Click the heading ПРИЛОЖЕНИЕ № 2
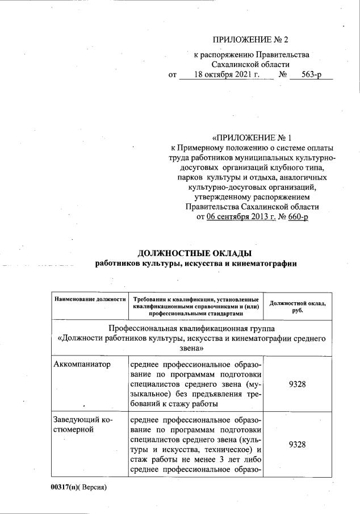(250, 40)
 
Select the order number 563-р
(310, 75)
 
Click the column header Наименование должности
(89, 299)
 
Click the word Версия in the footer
(94, 487)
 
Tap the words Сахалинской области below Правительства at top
(250, 64)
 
